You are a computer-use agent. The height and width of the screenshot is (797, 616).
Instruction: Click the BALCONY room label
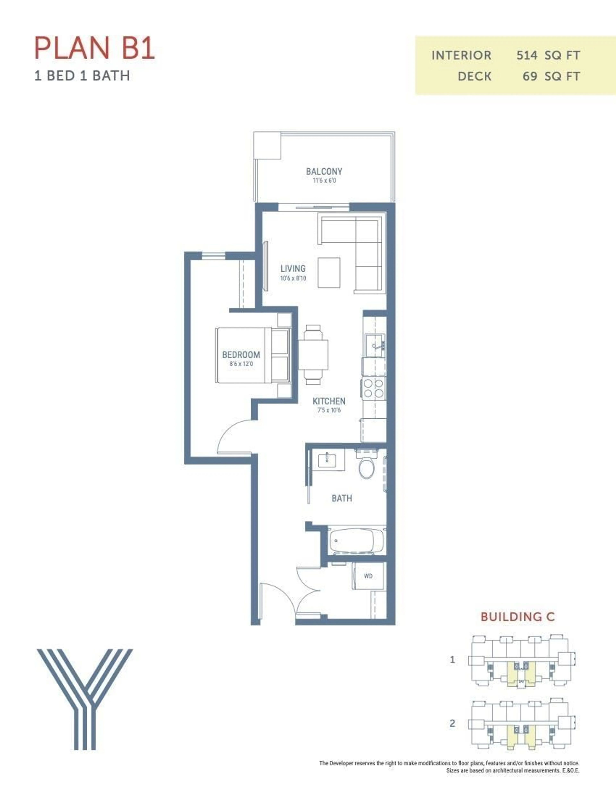pos(324,171)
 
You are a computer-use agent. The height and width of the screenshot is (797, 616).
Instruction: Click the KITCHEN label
pos(329,401)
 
